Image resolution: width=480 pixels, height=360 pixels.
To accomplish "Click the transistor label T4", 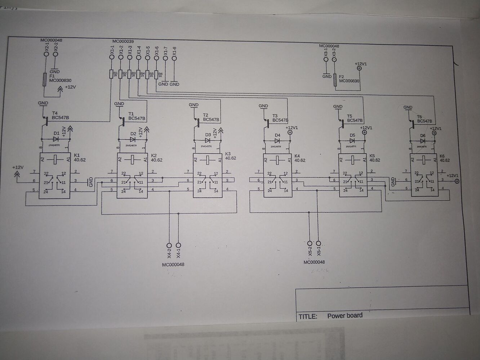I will (x=55, y=113).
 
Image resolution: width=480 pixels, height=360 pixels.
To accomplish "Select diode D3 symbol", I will (x=208, y=140).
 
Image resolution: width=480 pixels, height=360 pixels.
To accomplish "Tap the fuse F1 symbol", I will (x=44, y=80).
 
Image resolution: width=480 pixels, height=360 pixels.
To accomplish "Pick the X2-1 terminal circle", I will (x=46, y=54).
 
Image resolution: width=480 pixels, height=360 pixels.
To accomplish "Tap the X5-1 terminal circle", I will (x=318, y=243).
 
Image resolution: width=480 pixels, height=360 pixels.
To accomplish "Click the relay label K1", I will (x=76, y=155).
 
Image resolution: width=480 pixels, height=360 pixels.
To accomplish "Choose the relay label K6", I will (x=442, y=156).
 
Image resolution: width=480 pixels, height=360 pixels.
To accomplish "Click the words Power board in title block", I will (x=345, y=316).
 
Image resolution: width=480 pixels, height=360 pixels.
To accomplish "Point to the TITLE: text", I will (x=308, y=317).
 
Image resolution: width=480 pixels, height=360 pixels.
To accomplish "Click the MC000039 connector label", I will (x=123, y=42).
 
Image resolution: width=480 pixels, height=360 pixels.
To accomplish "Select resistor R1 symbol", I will (x=111, y=74).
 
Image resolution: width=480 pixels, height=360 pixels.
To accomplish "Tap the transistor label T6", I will (x=419, y=117).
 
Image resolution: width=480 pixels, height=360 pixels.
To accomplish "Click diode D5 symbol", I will (x=352, y=140).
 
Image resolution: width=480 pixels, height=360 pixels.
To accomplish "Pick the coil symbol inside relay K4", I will (x=277, y=158).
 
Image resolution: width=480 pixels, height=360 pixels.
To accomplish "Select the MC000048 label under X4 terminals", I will (x=173, y=265).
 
